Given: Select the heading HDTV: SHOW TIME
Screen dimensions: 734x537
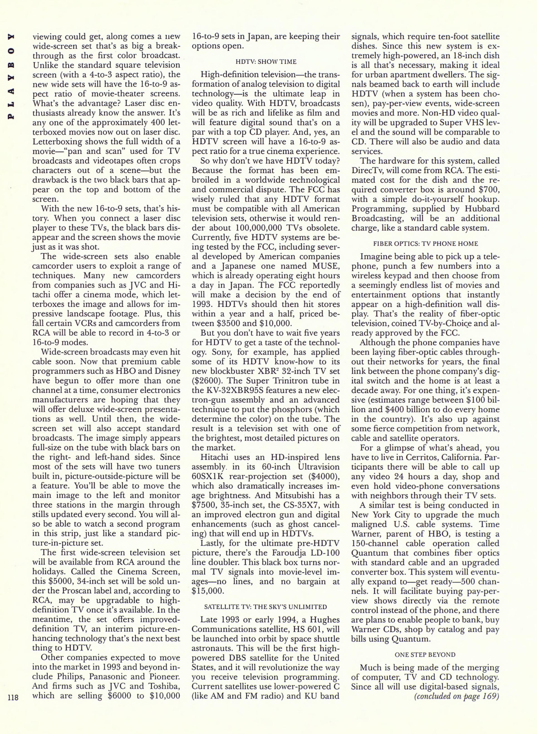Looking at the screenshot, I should [x=266, y=61].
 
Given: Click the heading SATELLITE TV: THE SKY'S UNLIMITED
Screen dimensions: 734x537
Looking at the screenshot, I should [x=266, y=607].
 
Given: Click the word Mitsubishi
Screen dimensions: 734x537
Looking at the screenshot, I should [x=303, y=496].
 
